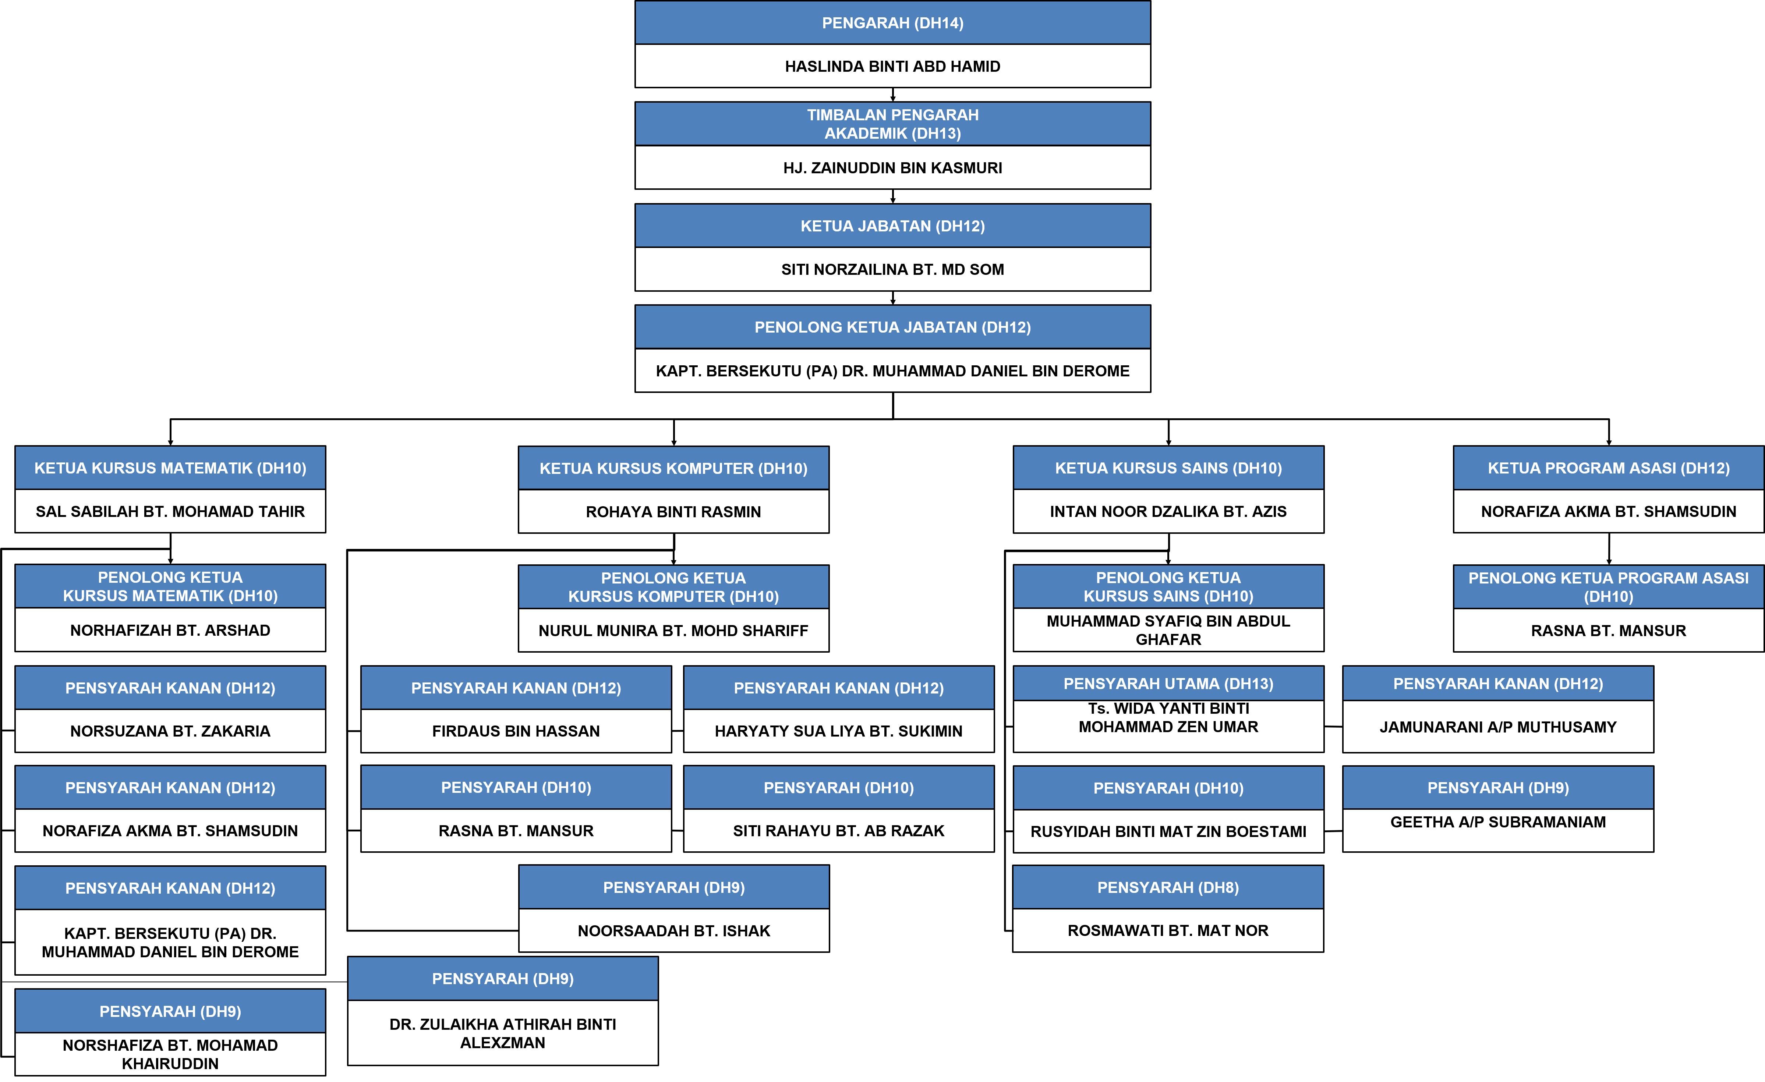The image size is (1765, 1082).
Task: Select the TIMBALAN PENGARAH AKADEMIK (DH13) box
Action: (892, 124)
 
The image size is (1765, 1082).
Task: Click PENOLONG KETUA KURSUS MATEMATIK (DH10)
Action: (170, 586)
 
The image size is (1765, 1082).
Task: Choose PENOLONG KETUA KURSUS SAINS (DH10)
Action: (1168, 586)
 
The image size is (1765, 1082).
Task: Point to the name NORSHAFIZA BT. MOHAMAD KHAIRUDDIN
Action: (170, 1054)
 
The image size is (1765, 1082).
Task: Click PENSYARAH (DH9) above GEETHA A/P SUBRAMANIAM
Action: (1498, 788)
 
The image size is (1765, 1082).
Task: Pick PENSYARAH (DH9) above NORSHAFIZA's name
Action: (170, 1011)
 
